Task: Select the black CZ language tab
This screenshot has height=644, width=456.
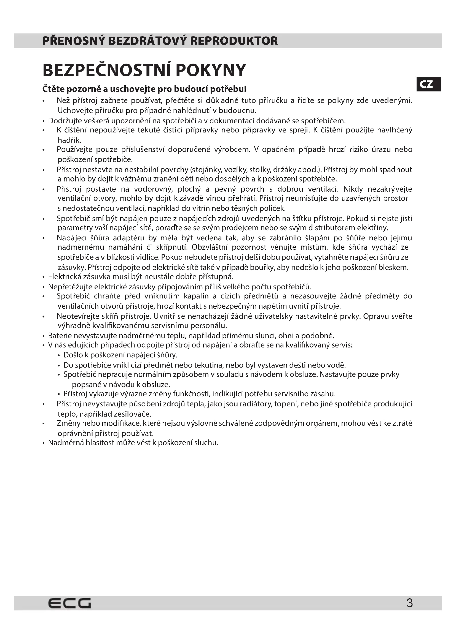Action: pyautogui.click(x=428, y=84)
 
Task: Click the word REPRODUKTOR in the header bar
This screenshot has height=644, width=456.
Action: pyautogui.click(x=234, y=41)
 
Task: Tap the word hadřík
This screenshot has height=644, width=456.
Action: pyautogui.click(x=69, y=140)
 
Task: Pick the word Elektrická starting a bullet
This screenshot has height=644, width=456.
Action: pyautogui.click(x=64, y=277)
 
